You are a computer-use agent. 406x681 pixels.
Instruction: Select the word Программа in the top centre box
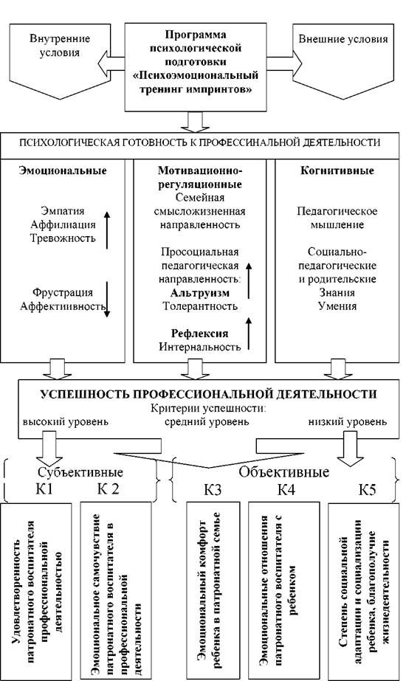pos(196,35)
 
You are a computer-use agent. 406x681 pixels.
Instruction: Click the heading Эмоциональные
pos(63,170)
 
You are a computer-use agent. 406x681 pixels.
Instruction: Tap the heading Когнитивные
pos(337,170)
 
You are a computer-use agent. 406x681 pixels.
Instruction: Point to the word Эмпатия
pos(63,211)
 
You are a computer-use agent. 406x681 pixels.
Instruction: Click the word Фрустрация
pos(63,292)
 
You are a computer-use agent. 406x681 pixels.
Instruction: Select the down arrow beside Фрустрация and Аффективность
pos(107,300)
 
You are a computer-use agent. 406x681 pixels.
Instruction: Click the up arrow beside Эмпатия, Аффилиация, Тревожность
pos(107,231)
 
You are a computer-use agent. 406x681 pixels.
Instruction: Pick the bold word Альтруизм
pos(199,293)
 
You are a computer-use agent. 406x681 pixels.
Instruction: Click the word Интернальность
pos(199,347)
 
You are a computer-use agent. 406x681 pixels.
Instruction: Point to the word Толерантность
pos(200,305)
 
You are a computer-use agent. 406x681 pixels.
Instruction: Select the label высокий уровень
pos(66,421)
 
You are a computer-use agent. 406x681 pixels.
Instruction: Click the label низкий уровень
pos(348,421)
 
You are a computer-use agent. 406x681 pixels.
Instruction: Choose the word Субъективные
pos(80,472)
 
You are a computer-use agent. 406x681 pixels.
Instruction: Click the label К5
pos(368,490)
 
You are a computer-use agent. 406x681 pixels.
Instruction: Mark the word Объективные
pos(284,471)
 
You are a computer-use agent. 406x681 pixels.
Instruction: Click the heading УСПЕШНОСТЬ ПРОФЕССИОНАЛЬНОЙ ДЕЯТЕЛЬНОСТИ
pos(208,394)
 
